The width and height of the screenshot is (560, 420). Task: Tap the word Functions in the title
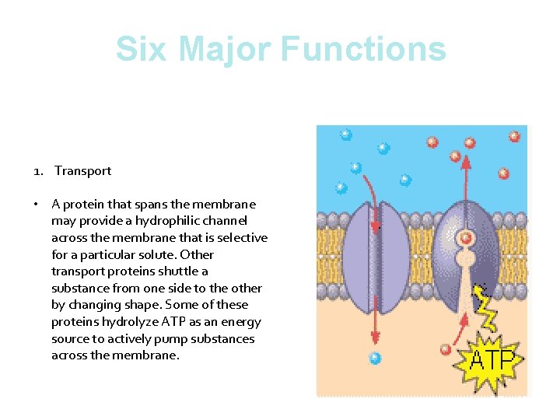tap(363, 48)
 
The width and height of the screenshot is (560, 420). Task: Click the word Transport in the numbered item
tap(82, 171)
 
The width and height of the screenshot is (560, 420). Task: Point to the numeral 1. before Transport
tap(38, 171)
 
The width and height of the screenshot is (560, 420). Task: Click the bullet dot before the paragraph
tap(37, 205)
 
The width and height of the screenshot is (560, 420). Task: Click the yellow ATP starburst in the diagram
tap(492, 361)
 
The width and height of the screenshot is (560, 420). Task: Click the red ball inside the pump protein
tap(466, 238)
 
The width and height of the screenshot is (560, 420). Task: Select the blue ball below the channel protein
tap(375, 359)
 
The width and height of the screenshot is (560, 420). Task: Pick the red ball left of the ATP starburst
tap(446, 348)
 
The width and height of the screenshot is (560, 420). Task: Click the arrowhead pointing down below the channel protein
tap(375, 338)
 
